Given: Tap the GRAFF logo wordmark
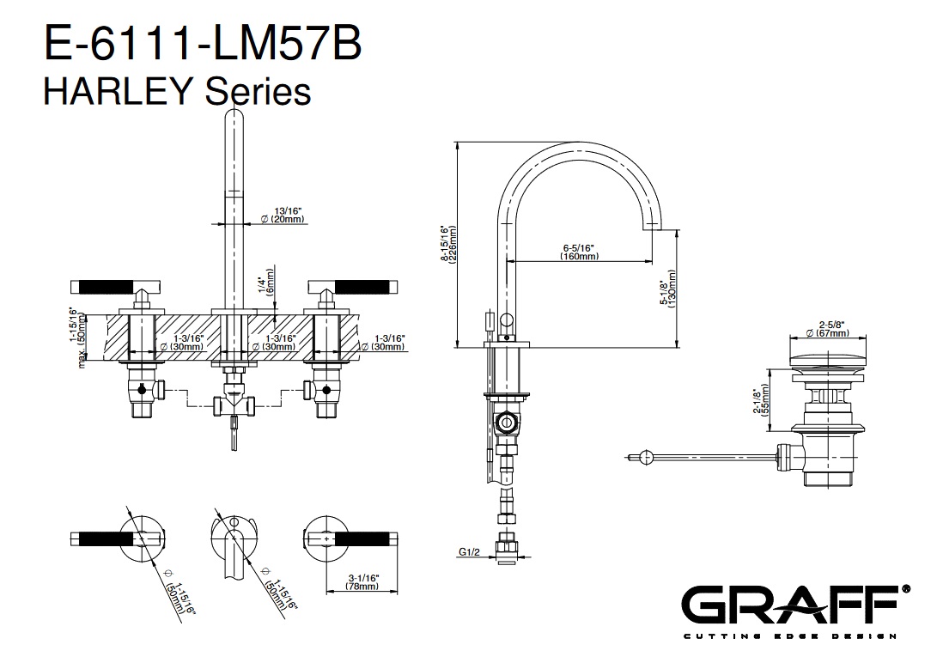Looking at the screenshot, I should click(x=788, y=605).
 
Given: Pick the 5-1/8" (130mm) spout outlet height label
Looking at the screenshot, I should click(x=666, y=288).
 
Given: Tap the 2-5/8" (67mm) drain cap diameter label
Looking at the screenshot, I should click(x=826, y=328).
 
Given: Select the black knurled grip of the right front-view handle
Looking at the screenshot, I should click(x=367, y=284).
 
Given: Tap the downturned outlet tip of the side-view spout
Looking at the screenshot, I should click(x=650, y=225).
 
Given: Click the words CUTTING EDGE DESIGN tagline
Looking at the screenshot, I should click(x=788, y=636).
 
